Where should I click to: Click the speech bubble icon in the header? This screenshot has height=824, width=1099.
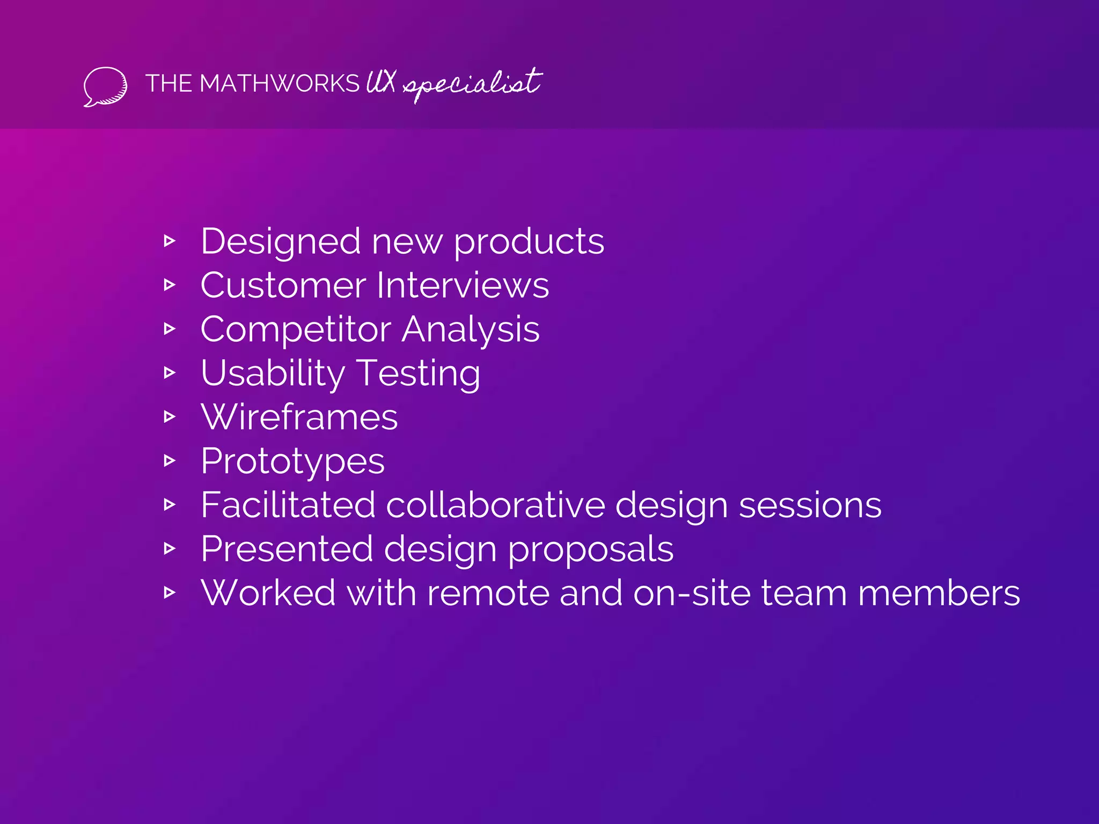(105, 86)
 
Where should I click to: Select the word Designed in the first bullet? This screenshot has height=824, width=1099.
(280, 242)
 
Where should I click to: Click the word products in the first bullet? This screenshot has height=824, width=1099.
(529, 242)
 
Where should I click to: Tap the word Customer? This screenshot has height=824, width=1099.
(283, 285)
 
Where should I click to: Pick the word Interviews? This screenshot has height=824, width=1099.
(463, 285)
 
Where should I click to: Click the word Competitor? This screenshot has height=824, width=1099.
(295, 329)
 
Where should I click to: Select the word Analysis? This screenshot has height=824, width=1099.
(471, 329)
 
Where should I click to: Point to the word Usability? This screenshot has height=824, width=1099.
(273, 373)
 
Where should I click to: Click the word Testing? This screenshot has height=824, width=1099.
(419, 373)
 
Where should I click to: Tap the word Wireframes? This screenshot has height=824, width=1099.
(299, 417)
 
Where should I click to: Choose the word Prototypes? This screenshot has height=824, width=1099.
(292, 461)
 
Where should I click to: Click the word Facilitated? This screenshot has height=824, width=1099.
(288, 505)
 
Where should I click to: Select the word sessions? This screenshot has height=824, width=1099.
(810, 505)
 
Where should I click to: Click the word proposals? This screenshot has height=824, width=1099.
(590, 549)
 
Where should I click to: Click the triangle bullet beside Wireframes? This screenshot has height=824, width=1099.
(170, 417)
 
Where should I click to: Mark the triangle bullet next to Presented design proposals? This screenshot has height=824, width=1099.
(170, 548)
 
